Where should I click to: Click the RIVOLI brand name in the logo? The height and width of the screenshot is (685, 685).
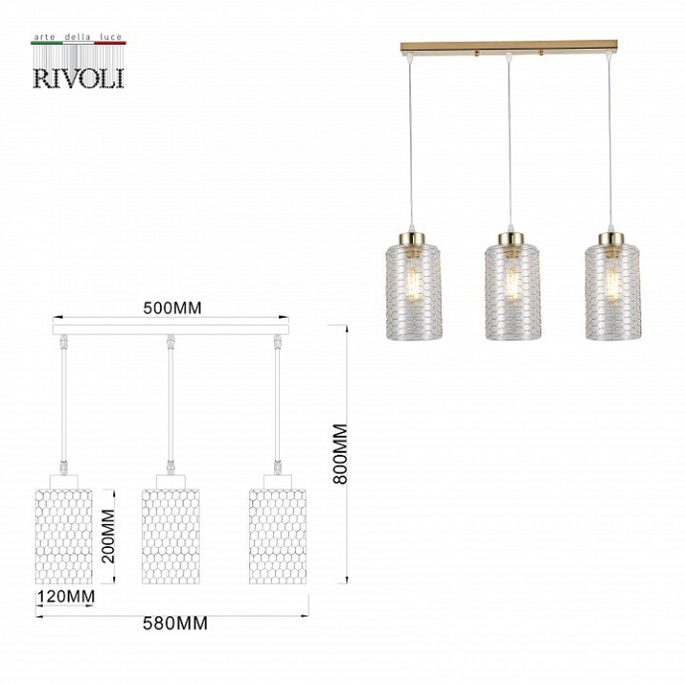(x=78, y=76)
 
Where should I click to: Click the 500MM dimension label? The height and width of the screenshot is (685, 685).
(x=172, y=307)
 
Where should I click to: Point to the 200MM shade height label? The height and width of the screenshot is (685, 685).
(x=109, y=536)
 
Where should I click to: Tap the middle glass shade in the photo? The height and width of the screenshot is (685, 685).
(x=513, y=294)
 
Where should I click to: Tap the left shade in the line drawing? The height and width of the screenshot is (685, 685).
(x=66, y=535)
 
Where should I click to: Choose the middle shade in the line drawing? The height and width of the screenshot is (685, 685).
(x=171, y=535)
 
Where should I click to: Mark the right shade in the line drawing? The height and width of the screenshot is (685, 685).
(x=277, y=535)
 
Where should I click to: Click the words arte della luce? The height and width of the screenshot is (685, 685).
(x=78, y=37)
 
